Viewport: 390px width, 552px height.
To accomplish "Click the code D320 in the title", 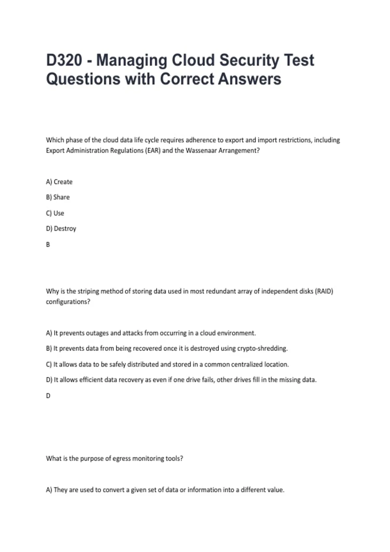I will [64, 60].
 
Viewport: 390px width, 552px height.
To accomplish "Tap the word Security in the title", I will [249, 60].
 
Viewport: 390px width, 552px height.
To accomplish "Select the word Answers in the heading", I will [249, 79].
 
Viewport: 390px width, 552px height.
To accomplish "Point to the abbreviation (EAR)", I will [153, 151].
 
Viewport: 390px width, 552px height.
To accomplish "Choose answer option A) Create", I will [59, 182].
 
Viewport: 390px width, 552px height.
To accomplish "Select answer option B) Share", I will [58, 197].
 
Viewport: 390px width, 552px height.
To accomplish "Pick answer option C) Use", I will [55, 213].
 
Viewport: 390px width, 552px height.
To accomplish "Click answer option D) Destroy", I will [61, 229].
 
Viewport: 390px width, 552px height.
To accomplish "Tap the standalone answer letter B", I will [48, 245].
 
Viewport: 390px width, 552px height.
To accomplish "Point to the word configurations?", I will [68, 302].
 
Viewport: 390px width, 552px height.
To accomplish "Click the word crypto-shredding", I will [262, 348].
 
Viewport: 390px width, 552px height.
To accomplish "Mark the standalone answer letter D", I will [48, 396].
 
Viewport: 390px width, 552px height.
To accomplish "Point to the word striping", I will [88, 291].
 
